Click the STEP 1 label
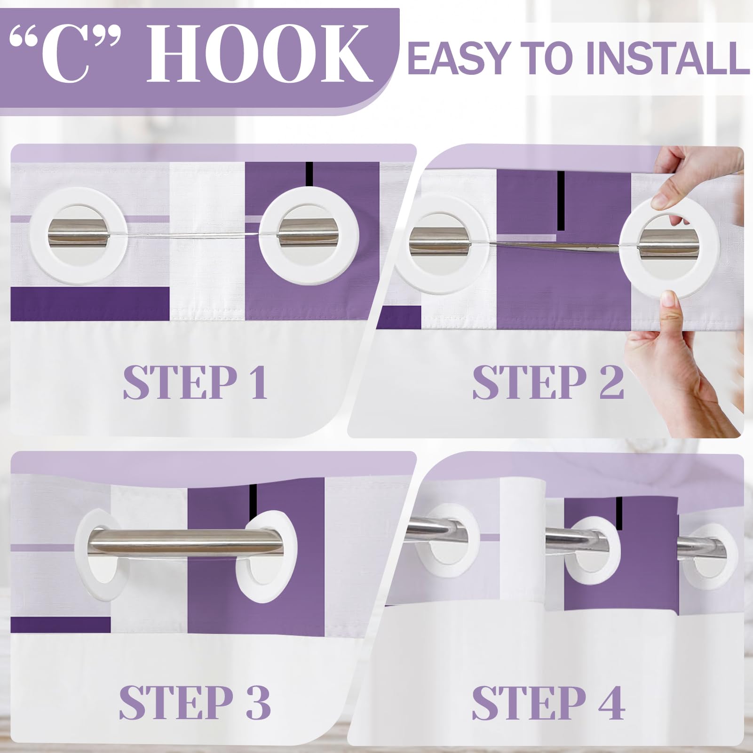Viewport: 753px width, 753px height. [196, 382]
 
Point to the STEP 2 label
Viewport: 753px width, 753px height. [548, 382]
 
